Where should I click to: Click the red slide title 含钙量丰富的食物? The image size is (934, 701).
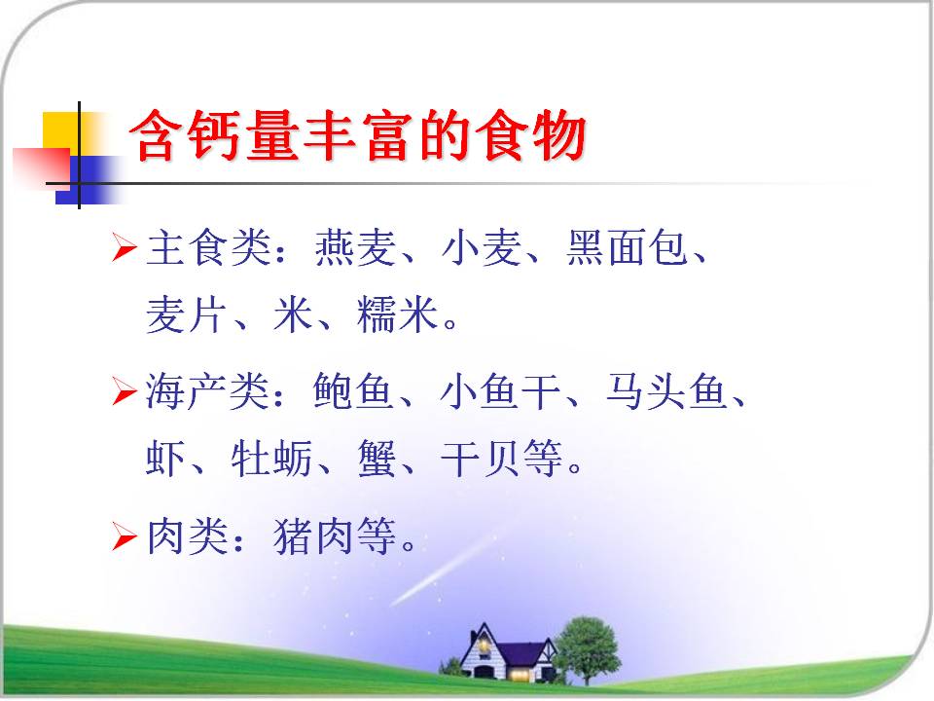coord(357,136)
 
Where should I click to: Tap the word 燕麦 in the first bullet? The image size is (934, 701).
coord(355,247)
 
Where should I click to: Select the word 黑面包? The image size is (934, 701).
coord(628,247)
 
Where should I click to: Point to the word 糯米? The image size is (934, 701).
coord(397,314)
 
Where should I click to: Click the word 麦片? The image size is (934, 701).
coord(187,314)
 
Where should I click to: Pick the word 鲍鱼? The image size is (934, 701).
coord(353,391)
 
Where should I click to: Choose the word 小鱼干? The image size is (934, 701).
coord(500,391)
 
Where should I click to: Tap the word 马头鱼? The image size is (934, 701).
coord(667,391)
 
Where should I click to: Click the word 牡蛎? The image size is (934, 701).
coord(271,459)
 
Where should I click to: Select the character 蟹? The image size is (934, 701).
coord(377,459)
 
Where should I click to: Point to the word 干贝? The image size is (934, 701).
coord(481,459)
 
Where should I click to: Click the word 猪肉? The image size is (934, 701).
coord(313,535)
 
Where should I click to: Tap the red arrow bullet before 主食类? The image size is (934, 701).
coord(125,247)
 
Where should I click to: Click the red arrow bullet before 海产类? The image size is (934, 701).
coord(125,391)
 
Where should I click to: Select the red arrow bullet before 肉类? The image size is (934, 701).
coord(125,535)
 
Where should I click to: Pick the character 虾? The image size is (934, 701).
coord(165,459)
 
